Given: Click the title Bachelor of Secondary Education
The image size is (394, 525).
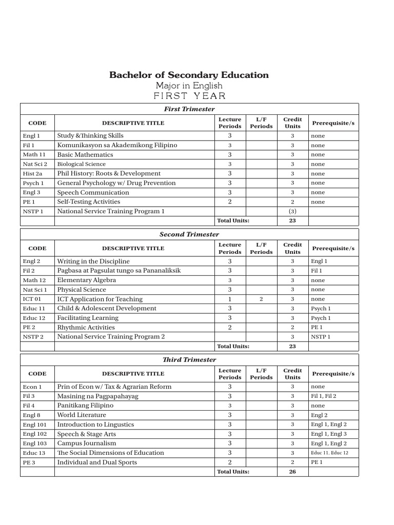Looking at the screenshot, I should (189, 75).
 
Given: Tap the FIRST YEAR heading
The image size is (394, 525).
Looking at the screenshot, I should (189, 96).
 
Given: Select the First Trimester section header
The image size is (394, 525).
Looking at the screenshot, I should (189, 109).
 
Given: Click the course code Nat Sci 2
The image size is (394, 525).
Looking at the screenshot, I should (35, 164).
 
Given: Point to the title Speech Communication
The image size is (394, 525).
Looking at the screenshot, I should (93, 192).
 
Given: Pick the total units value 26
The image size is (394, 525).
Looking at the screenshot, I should (292, 472).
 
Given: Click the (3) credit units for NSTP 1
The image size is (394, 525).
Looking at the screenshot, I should (292, 211).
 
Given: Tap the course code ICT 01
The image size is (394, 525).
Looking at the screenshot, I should (32, 299).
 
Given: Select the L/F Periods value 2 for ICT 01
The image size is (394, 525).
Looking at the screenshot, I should (261, 299).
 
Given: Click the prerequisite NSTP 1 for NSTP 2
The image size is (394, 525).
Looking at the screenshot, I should (321, 337).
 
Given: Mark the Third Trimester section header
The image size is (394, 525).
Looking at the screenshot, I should (189, 360).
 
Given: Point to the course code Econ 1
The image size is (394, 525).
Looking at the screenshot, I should (32, 387).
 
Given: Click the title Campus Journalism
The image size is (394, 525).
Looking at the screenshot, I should (87, 443).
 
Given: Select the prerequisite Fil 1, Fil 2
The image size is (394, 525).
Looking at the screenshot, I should (324, 396).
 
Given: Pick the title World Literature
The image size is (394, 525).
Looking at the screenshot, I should (82, 415).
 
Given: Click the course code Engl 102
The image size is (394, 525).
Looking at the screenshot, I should (35, 434).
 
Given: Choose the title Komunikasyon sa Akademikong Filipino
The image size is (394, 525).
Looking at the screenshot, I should (117, 145).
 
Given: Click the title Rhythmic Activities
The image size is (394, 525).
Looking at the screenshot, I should (86, 327).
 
